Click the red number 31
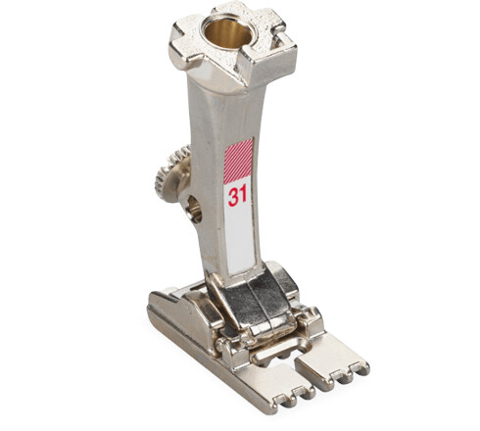click(237, 195)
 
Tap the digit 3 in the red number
click(233, 195)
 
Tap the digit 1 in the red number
click(243, 195)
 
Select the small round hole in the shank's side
click(194, 208)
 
